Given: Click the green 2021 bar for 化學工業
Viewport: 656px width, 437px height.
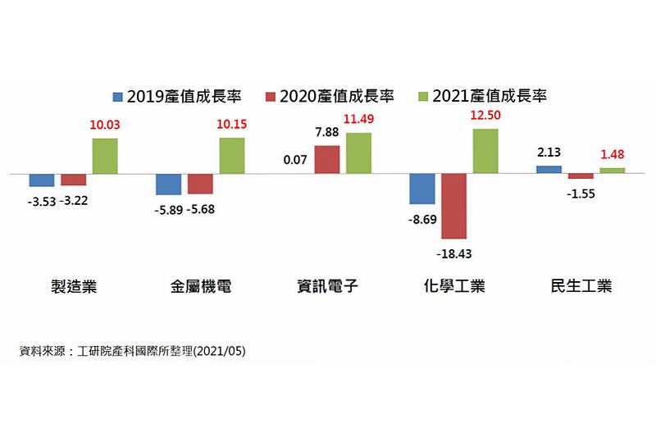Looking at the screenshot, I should pos(485,151).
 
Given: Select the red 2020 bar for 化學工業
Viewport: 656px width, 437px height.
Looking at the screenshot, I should pos(453,206).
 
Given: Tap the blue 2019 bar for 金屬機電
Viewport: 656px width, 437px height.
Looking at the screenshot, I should pos(168,184).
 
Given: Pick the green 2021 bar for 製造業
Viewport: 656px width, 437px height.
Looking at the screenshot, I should pos(104,156).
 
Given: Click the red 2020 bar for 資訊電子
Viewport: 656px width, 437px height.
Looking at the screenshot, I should pos(327,159).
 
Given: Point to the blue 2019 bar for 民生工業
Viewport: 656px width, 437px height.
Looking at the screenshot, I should pos(549,170).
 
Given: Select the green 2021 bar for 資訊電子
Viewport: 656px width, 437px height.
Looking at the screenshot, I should pos(358,153).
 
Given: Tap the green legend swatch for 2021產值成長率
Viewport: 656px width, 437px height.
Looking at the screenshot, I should pos(423,96).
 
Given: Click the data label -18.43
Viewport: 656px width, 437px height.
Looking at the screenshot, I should pos(453,253).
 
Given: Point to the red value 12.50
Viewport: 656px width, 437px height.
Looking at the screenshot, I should pos(485,115).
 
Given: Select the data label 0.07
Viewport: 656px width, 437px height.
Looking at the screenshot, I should pos(294,160).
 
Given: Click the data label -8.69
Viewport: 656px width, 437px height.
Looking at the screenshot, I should pos(421,221).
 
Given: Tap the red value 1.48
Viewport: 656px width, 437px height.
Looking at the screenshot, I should pos(613,153).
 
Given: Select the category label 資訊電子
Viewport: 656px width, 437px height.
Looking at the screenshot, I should pos(327,287).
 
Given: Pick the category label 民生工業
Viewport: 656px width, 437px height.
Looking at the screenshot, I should pos(581,287).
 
